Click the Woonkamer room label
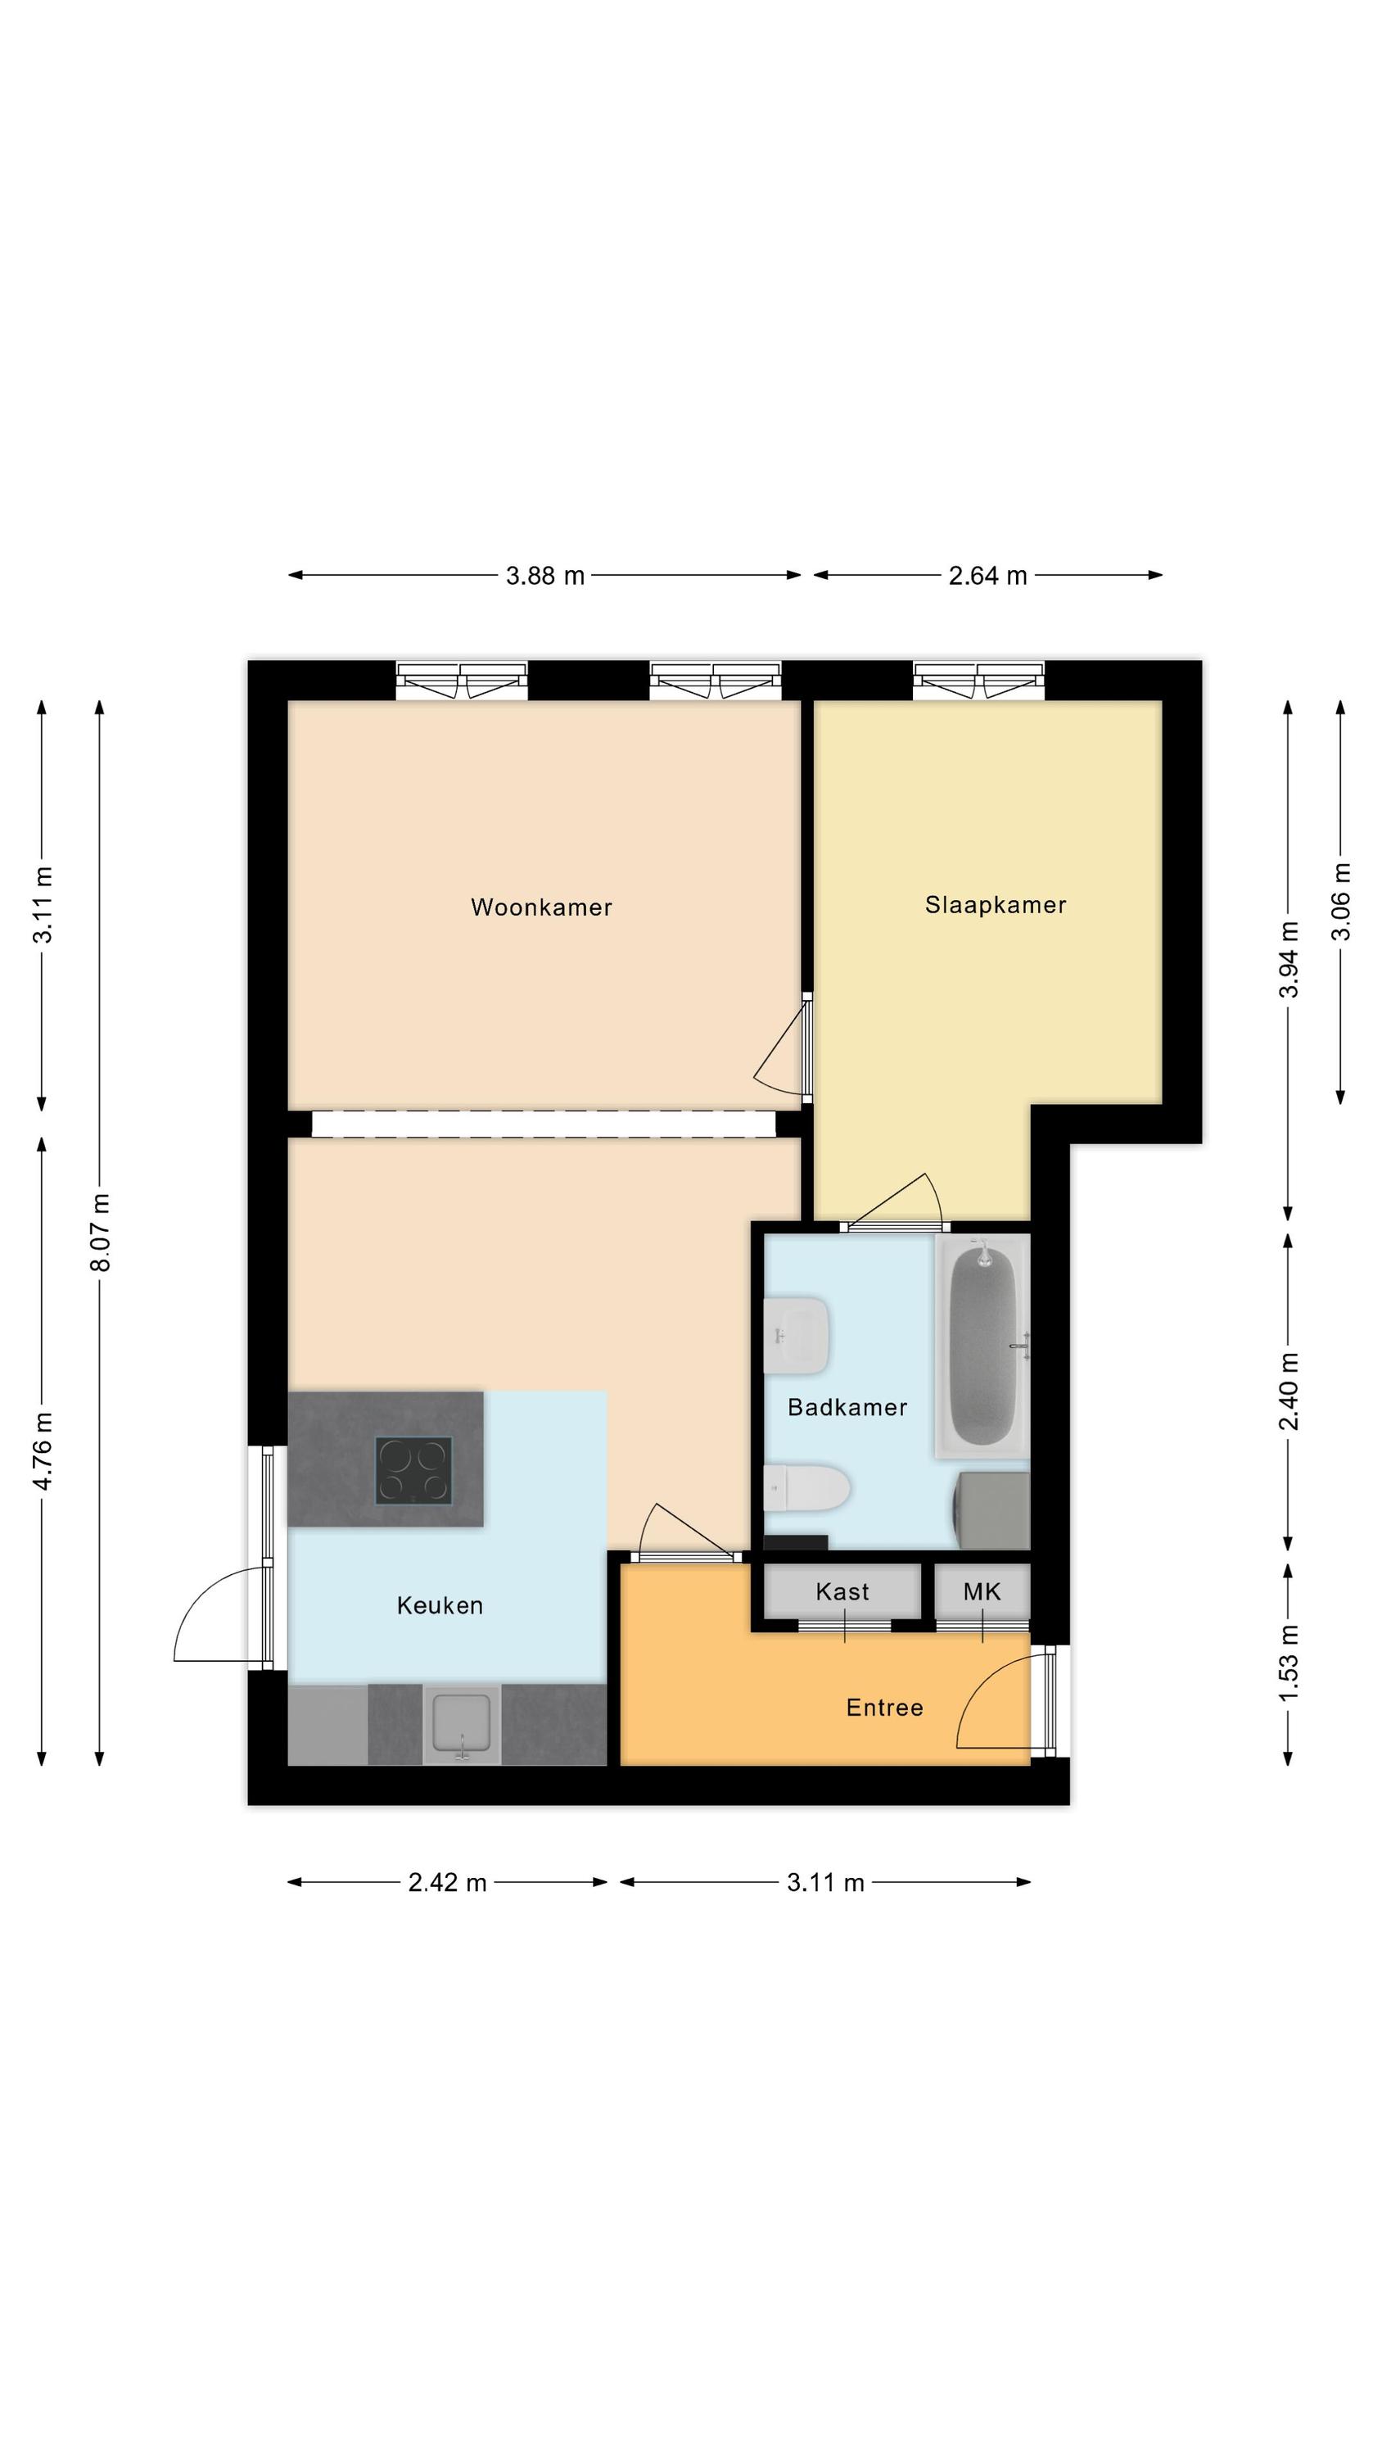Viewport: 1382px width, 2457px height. coord(541,907)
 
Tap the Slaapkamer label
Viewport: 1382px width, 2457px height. coord(995,905)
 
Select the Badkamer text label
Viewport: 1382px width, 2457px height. coord(847,1407)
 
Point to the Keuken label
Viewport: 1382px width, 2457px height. coord(440,1605)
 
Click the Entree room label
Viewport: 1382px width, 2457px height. coord(884,1708)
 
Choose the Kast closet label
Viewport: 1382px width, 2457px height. coord(842,1591)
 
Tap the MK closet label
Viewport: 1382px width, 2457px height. coord(982,1591)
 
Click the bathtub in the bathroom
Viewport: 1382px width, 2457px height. coord(982,1345)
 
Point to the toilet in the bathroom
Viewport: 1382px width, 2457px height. coord(807,1488)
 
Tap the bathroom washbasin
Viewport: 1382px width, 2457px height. coord(797,1335)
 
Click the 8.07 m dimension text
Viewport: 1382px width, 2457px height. coord(100,1233)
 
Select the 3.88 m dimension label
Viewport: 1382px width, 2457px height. coord(544,575)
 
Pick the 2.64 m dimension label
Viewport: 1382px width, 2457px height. coord(987,575)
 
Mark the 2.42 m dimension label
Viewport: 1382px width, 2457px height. coord(447,1882)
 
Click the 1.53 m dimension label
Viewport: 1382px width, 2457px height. coord(1289,1663)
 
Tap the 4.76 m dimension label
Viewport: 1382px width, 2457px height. coord(43,1450)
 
